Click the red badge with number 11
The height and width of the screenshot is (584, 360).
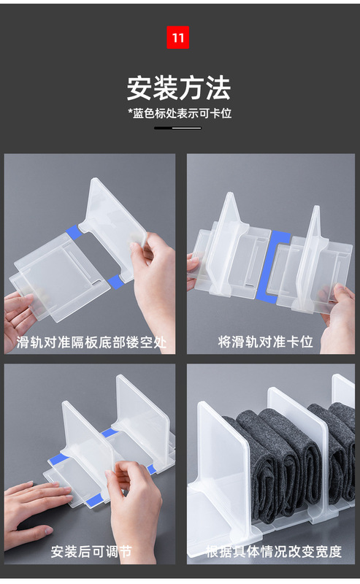(177, 37)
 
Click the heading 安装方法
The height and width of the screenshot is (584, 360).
(179, 88)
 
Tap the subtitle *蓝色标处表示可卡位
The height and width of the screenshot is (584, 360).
(180, 113)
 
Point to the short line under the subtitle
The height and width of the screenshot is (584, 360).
(177, 128)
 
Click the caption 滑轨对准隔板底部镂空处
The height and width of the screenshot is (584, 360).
(91, 342)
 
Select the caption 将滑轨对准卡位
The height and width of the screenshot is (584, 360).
(265, 342)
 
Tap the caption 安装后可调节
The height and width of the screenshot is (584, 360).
(91, 552)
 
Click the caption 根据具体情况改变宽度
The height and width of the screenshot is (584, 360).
(274, 552)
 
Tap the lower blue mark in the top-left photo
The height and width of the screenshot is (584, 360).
(116, 282)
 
